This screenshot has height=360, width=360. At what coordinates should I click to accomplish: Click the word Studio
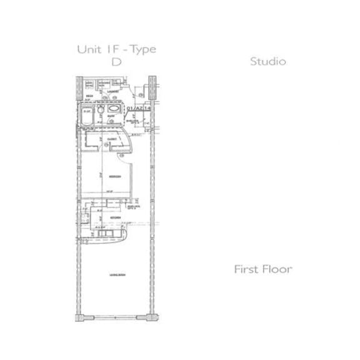click(x=267, y=62)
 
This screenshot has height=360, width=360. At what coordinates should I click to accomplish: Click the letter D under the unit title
click(x=116, y=62)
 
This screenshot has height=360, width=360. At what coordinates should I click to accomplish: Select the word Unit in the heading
click(x=88, y=49)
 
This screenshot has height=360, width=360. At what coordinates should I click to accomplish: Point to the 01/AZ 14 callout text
click(x=138, y=108)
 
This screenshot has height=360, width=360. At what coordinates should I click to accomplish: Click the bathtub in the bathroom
click(x=87, y=116)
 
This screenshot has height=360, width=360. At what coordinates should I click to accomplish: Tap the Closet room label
click(x=112, y=139)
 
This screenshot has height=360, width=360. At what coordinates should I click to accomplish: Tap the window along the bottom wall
click(x=115, y=314)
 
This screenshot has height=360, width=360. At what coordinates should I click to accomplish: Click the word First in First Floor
click(x=247, y=269)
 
